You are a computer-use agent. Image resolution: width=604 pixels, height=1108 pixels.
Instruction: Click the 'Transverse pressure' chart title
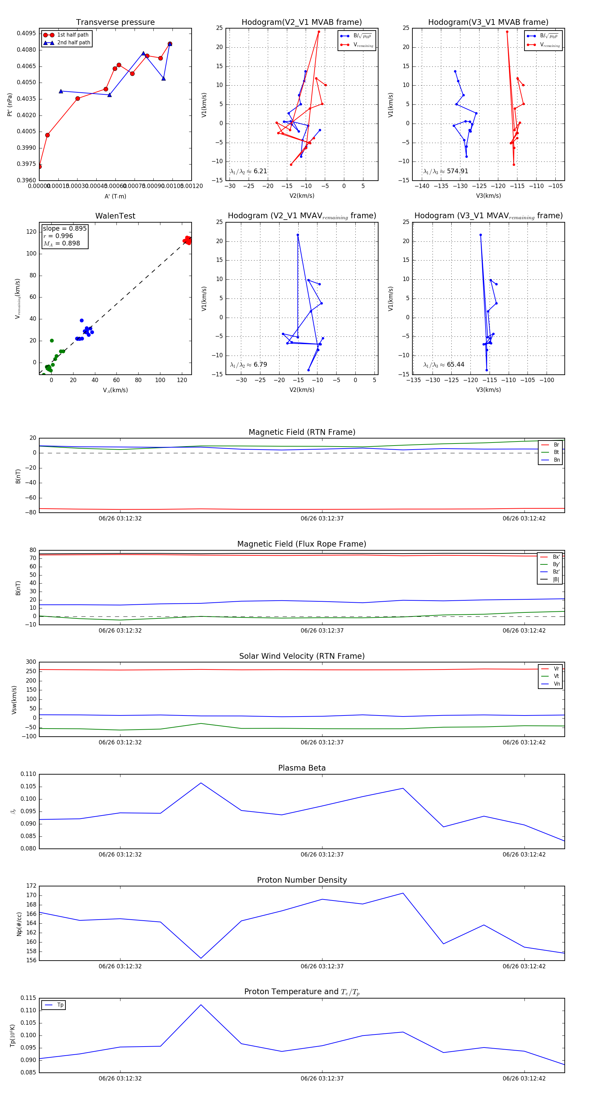pos(115,22)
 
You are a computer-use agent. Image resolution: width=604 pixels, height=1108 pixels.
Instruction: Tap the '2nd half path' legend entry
pos(73,43)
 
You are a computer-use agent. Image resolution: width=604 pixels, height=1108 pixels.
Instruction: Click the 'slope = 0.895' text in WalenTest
pos(64,228)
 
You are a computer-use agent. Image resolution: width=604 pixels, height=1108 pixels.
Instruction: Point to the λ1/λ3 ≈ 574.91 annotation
pos(445,171)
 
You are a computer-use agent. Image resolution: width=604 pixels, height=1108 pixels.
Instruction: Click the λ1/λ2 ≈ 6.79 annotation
pos(248,365)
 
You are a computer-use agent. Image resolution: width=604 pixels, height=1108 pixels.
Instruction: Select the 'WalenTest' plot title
pos(115,216)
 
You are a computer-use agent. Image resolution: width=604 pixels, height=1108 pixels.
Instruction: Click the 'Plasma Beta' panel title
pos(302,768)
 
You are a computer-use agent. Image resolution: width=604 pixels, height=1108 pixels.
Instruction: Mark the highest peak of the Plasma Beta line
pos(201,783)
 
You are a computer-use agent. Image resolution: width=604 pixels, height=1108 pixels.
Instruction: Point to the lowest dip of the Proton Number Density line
pos(201,958)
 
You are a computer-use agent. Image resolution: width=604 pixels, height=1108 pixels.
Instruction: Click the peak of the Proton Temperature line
pos(201,1005)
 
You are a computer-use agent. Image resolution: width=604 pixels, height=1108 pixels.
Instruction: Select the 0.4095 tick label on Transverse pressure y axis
pos(26,34)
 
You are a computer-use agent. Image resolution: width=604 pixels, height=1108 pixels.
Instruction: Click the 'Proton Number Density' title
pos(302,880)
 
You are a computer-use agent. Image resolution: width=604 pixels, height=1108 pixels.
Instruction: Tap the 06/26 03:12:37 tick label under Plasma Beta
pos(322,854)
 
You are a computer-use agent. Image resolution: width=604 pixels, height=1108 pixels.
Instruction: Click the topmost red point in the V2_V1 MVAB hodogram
pos(318,32)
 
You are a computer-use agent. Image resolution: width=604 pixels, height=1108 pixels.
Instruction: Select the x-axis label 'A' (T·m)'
pos(115,196)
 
